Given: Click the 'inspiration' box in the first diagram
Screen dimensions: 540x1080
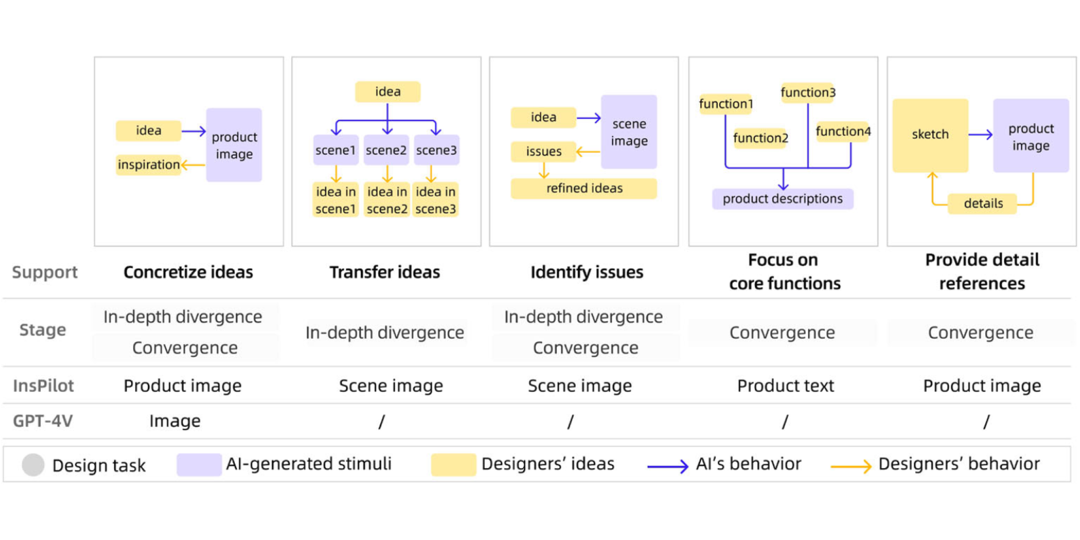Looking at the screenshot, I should click(148, 165).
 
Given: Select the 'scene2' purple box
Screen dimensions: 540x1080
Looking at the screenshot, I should click(386, 150).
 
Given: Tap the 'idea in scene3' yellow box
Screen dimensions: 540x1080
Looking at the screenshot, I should click(435, 200).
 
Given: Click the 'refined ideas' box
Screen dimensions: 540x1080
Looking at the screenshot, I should click(584, 189).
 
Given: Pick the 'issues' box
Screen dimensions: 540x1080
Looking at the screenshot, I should click(543, 151).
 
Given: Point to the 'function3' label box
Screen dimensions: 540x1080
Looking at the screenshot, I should click(808, 93).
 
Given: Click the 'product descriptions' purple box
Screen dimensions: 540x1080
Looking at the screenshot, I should click(782, 199).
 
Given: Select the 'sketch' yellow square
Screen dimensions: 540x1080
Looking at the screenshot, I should click(930, 135).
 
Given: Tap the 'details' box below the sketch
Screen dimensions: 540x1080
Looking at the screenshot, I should click(983, 203).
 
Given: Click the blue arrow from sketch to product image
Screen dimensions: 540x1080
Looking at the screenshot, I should click(980, 135).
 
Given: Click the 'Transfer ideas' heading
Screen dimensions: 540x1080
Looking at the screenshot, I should click(385, 272).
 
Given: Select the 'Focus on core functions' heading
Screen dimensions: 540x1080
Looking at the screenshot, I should click(784, 271).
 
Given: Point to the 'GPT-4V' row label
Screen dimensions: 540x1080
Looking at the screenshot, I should click(43, 421).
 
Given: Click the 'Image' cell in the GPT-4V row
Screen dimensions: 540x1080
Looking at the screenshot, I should click(175, 421).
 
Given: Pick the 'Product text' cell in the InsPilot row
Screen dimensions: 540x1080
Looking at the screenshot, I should click(785, 386).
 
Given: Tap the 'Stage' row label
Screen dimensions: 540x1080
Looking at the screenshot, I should click(43, 330).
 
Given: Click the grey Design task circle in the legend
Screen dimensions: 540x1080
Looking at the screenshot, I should click(33, 465).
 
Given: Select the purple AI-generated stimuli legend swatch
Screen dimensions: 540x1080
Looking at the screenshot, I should click(199, 465).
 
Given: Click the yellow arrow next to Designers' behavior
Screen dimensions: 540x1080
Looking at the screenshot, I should click(851, 466).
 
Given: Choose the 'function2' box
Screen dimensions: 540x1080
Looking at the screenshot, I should click(760, 138).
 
